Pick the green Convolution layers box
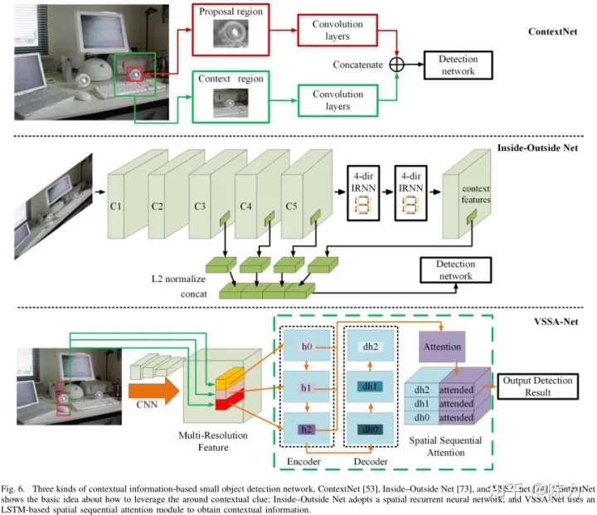pyautogui.click(x=338, y=100)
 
